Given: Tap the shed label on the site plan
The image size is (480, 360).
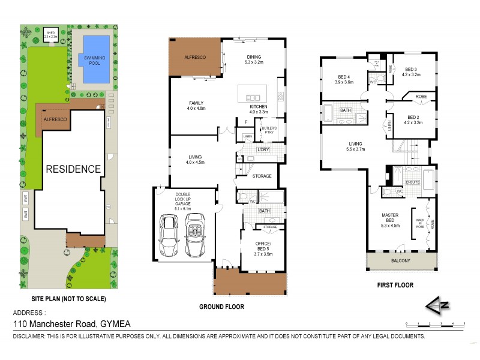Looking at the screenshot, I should click(51, 35).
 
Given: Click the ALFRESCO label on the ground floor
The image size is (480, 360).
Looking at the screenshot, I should click(194, 56).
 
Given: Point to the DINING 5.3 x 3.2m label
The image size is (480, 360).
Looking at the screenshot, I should click(254, 59).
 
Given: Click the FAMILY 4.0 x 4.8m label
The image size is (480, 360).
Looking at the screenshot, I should click(196, 106).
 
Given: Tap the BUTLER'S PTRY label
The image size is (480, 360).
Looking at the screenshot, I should click(268, 131).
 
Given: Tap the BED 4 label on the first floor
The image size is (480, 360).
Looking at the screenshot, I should click(344, 79).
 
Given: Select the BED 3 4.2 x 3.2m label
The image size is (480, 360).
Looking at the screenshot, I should click(412, 72).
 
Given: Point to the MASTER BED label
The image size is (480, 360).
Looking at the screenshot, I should click(389, 220).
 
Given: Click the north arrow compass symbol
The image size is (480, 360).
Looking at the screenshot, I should click(439, 306).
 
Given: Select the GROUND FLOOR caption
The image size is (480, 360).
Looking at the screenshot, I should click(222, 307).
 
